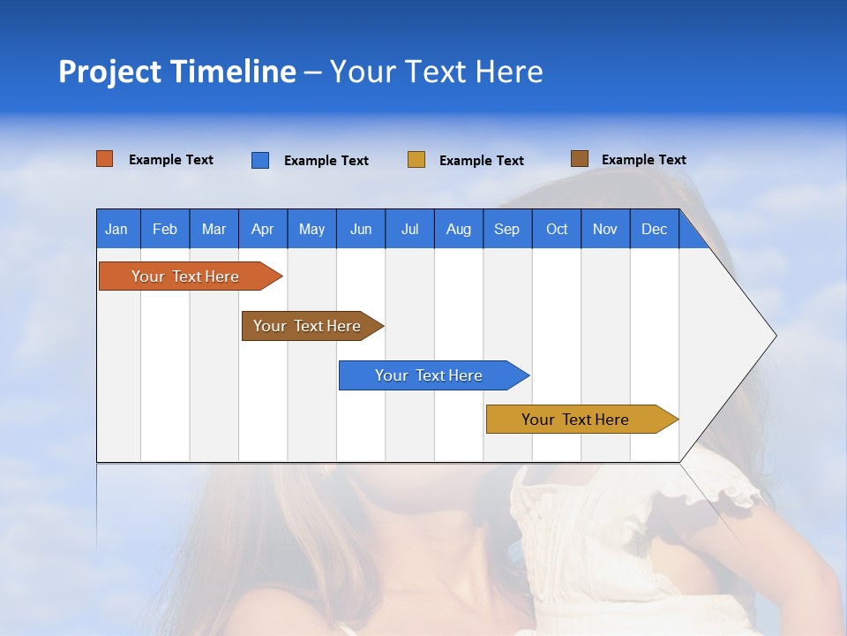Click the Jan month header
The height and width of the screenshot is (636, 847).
[x=116, y=229]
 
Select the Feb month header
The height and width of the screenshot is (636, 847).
[x=165, y=229]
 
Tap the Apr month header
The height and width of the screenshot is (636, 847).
[x=262, y=229]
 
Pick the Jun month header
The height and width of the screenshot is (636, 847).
[x=361, y=229]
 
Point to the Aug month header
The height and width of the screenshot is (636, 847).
[x=458, y=229]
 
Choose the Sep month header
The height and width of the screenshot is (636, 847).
[x=506, y=229]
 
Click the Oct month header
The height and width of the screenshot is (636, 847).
[x=557, y=229]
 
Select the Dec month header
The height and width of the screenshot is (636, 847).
[x=654, y=229]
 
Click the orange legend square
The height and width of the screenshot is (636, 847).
[x=105, y=159]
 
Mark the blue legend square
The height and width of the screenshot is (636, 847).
[x=260, y=160]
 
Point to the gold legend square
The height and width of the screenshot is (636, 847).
[x=416, y=160]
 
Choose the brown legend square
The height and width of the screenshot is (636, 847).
[x=580, y=159]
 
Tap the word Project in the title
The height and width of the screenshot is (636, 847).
[x=109, y=72]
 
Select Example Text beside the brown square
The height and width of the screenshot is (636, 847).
[x=643, y=160]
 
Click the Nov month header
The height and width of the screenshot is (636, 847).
[x=605, y=229]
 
